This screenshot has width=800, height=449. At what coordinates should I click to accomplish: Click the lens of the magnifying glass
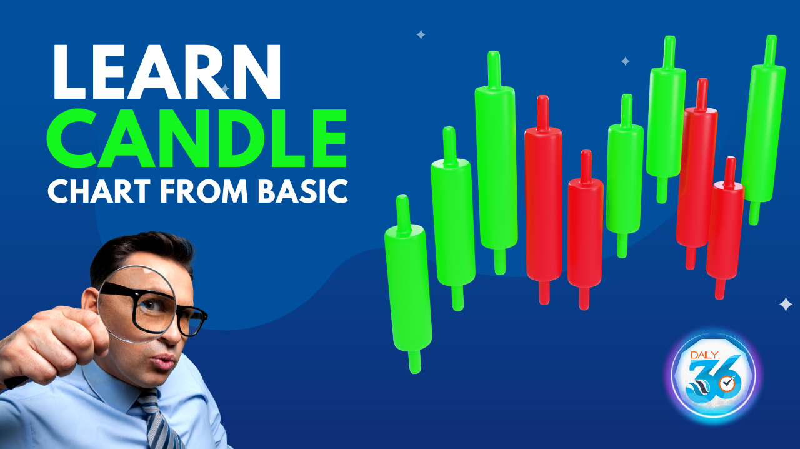(136, 305)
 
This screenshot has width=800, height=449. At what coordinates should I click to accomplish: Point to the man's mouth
(164, 361)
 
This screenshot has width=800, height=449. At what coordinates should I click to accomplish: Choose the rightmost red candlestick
(725, 228)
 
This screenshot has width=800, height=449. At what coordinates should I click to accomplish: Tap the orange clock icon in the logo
(726, 385)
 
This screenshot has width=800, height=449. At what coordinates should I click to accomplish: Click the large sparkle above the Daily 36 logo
(786, 305)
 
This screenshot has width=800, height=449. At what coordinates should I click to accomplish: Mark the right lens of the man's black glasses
(189, 321)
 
